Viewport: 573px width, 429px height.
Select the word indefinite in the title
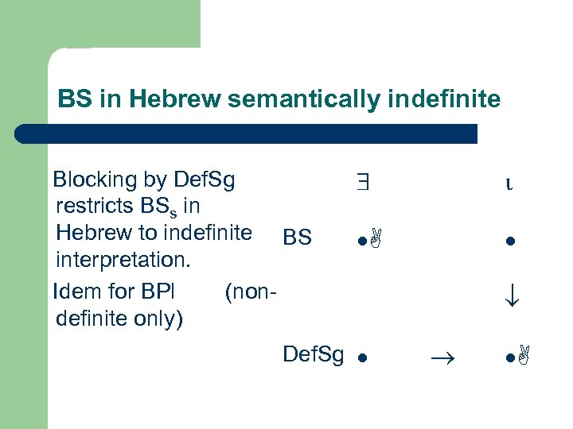[x=454, y=99]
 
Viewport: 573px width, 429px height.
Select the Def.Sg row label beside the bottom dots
[x=313, y=354]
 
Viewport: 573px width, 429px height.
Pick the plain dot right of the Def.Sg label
[x=360, y=358]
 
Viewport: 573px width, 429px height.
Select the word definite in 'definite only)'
[x=92, y=319]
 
